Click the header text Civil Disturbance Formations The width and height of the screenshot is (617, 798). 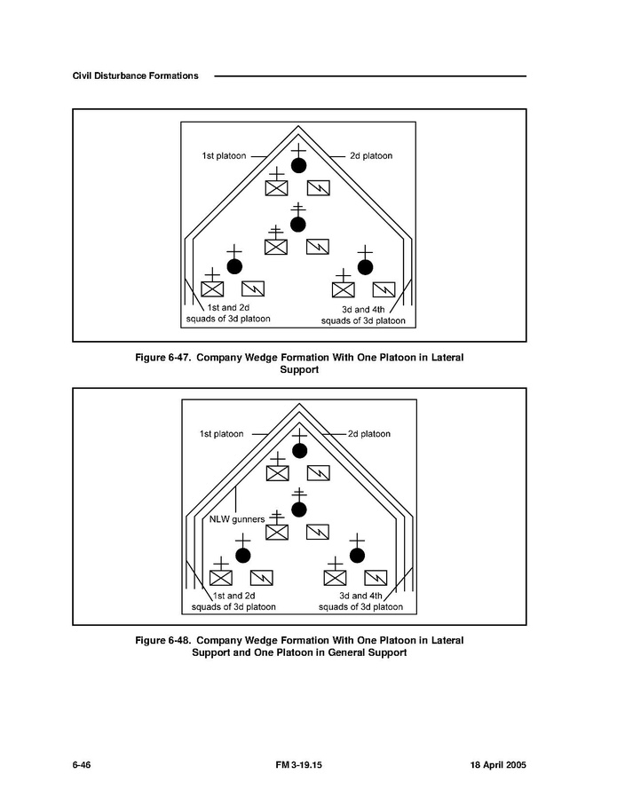tap(135, 75)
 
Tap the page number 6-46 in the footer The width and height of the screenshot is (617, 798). tap(82, 764)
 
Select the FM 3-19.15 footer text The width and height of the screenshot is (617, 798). tap(299, 764)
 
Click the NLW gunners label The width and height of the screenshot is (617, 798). tap(230, 518)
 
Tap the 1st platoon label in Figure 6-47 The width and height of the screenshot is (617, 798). tap(225, 156)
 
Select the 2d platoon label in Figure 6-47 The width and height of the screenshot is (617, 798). tap(371, 156)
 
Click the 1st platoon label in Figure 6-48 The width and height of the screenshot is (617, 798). tap(221, 434)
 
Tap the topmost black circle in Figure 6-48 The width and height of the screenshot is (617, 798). tap(299, 450)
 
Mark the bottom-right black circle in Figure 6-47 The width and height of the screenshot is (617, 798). tap(365, 266)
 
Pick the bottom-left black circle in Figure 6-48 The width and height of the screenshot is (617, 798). tap(242, 555)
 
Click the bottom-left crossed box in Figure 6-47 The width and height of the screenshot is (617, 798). tap(212, 289)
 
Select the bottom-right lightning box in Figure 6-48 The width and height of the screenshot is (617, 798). tap(376, 577)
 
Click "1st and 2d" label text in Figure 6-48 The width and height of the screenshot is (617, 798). tap(233, 596)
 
